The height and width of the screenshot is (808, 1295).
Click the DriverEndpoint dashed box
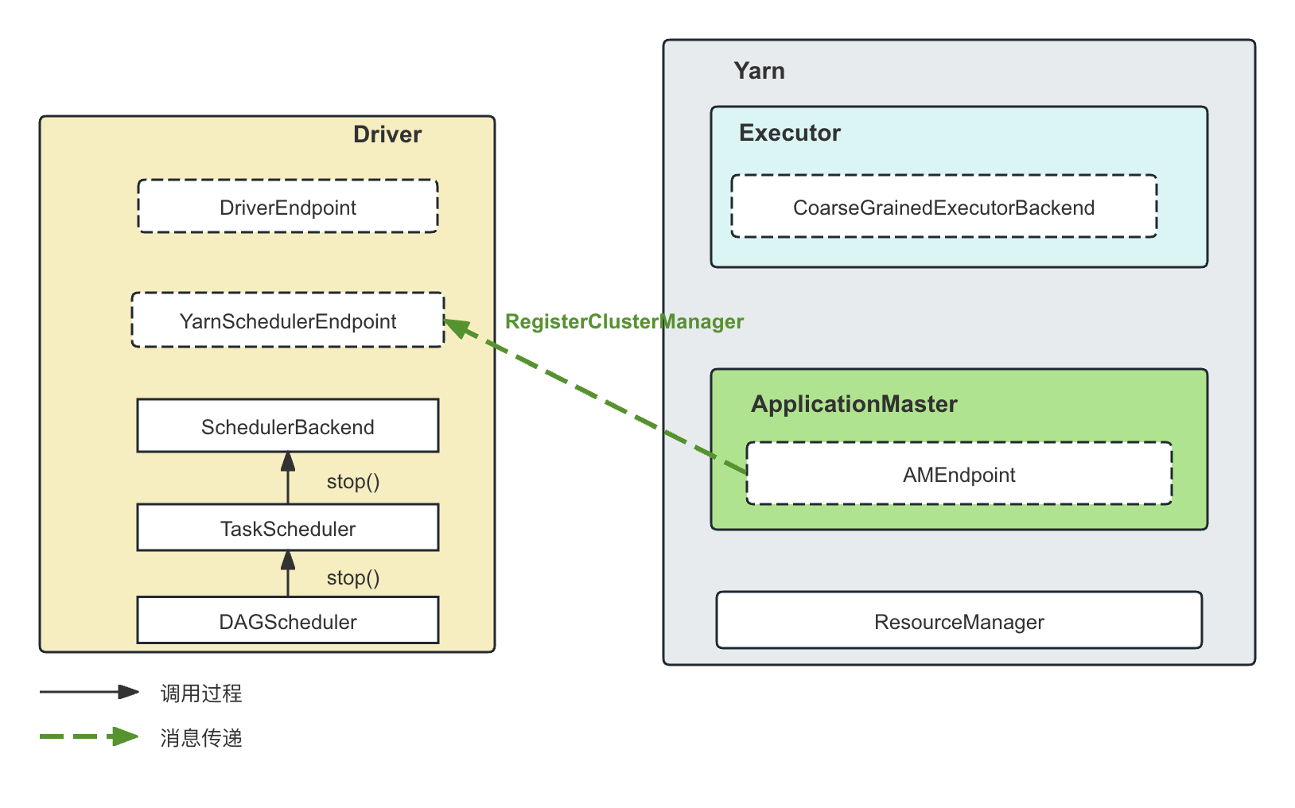[288, 206]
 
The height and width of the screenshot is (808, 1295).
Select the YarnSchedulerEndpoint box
[288, 320]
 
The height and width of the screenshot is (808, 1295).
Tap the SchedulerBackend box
[288, 426]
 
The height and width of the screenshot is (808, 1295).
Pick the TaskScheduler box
[288, 528]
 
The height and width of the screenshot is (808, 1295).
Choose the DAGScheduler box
[288, 620]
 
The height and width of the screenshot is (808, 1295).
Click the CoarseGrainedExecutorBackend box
[944, 206]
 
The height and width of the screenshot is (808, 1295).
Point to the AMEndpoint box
[959, 474]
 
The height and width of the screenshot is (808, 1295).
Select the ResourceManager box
[959, 620]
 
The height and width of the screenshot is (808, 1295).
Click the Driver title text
[387, 134]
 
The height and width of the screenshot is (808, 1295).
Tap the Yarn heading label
[759, 71]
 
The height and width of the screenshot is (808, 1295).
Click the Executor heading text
[790, 133]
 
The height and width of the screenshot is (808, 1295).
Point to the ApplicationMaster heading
[854, 404]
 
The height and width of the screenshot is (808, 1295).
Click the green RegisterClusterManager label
[624, 321]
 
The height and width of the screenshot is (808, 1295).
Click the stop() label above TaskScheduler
[353, 481]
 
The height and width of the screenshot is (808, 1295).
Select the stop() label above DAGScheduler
[353, 578]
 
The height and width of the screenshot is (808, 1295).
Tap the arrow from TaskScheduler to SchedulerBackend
[288, 478]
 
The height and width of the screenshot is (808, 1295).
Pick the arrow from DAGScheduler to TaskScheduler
[288, 573]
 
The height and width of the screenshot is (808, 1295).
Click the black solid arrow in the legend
[89, 692]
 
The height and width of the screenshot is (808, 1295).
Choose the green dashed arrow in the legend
[89, 736]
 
